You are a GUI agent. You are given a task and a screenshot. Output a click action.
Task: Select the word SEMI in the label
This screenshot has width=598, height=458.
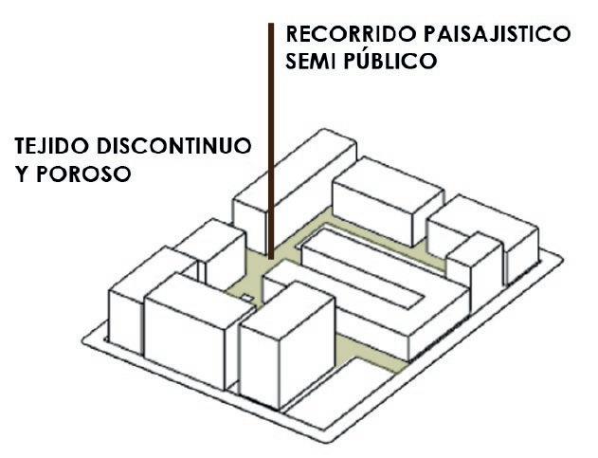[x=310, y=63]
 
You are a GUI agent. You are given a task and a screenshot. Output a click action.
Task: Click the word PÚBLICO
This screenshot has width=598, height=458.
[x=389, y=62]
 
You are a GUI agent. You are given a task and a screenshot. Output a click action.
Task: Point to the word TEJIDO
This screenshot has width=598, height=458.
[x=48, y=149]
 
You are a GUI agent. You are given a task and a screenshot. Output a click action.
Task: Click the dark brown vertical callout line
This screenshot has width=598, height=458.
[x=270, y=114]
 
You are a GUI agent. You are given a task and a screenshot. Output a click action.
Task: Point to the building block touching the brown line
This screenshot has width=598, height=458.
[x=284, y=185]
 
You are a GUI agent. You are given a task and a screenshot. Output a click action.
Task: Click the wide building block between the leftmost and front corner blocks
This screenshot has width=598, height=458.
[x=190, y=332]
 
